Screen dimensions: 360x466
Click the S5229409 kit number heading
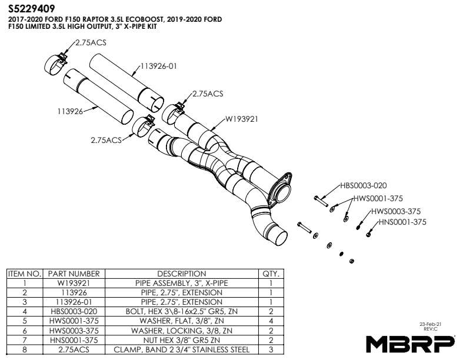click(32, 9)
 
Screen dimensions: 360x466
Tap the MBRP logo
click(410, 343)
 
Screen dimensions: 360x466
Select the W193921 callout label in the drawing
click(242, 118)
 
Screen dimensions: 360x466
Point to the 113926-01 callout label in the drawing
click(158, 66)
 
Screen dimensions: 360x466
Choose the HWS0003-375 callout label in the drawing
click(396, 211)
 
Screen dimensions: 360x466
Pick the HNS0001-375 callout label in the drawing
click(402, 222)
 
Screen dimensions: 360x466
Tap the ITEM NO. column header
click(24, 274)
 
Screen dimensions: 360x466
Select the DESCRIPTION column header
click(181, 274)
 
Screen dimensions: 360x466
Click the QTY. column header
click(271, 274)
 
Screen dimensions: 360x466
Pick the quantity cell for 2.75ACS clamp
click(271, 349)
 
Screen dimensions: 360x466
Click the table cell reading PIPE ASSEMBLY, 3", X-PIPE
click(181, 284)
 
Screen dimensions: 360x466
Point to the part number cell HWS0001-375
click(74, 321)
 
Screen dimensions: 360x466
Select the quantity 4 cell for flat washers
click(271, 321)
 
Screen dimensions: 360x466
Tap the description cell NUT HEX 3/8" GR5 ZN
click(181, 340)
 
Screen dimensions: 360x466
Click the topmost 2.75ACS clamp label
click(90, 43)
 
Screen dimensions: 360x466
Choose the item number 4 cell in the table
click(24, 312)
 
